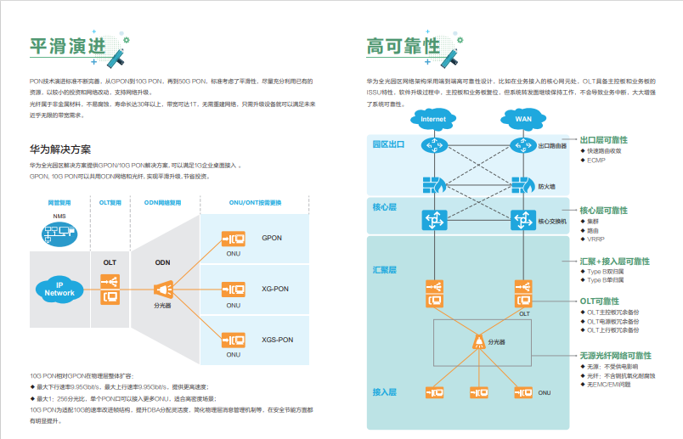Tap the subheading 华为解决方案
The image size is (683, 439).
60,149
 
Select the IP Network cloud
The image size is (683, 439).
59,289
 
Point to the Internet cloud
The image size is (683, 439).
433,119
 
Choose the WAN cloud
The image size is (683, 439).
523,119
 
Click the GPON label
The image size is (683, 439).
272,238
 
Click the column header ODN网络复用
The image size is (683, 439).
163,203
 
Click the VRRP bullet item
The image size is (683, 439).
596,239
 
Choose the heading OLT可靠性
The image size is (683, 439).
599,301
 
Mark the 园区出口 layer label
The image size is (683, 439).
388,144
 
